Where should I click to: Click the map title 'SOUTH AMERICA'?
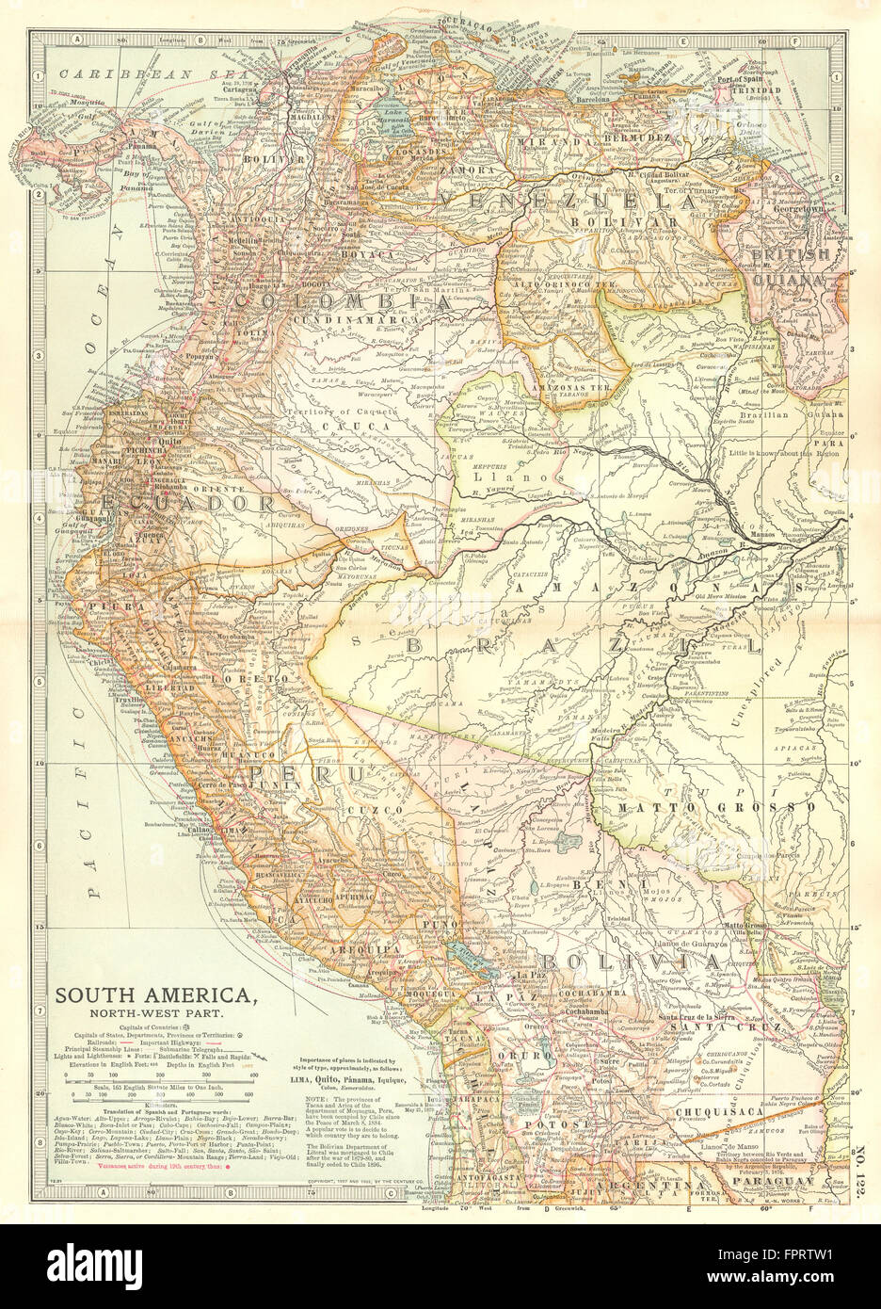point(155,995)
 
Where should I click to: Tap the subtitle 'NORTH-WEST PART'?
point(155,1014)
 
